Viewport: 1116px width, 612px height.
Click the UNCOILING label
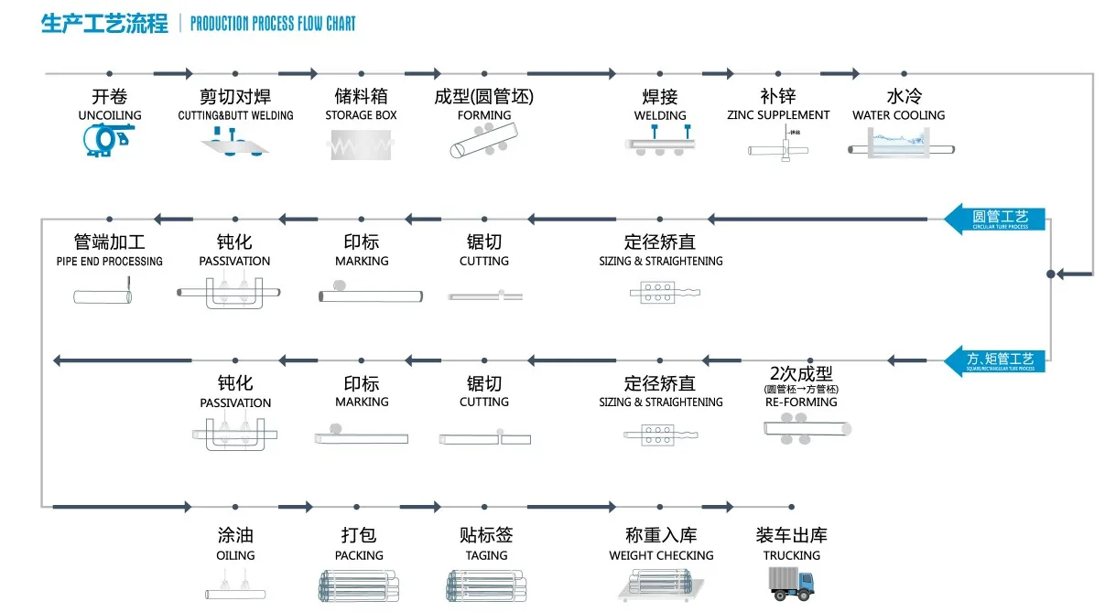point(110,115)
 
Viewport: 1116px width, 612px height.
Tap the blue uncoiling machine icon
point(108,138)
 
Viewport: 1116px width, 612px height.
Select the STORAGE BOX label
point(362,115)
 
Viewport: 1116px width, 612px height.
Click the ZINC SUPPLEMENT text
point(778,115)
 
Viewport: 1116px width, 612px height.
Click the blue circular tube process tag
point(995,220)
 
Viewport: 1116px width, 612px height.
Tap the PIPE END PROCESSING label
point(109,262)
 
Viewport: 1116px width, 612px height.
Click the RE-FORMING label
point(800,402)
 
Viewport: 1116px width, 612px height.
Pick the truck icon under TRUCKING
point(792,582)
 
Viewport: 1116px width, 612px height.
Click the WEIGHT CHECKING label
point(661,555)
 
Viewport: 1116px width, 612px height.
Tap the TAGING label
point(486,555)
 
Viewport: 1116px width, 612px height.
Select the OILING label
point(235,555)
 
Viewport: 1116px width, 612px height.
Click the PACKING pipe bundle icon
point(358,586)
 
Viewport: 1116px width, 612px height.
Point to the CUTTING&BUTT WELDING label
point(235,115)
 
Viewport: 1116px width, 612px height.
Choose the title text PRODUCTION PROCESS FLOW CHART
point(273,24)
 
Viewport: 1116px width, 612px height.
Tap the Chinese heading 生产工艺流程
point(104,24)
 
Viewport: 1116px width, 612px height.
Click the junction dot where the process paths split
point(1050,273)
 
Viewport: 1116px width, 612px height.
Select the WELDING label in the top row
point(660,115)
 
